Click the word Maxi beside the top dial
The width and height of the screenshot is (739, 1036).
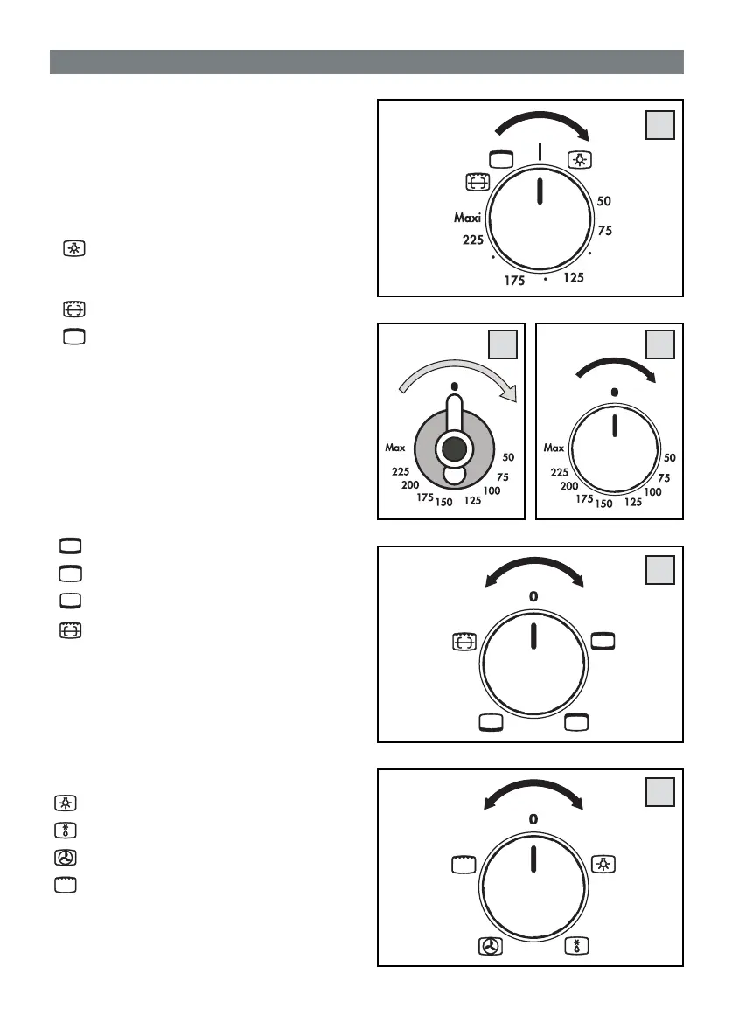coord(468,218)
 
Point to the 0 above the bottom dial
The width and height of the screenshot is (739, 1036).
coord(533,818)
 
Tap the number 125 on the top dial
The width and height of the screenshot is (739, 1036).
coord(573,278)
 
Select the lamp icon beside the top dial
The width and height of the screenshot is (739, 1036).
coord(579,159)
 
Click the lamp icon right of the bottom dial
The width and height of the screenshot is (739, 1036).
coord(603,864)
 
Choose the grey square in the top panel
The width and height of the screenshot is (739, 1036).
coord(660,126)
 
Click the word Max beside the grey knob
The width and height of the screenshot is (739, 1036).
coord(396,448)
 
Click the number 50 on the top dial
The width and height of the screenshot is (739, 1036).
coord(604,201)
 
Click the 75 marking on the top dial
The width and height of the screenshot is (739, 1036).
coord(604,231)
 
